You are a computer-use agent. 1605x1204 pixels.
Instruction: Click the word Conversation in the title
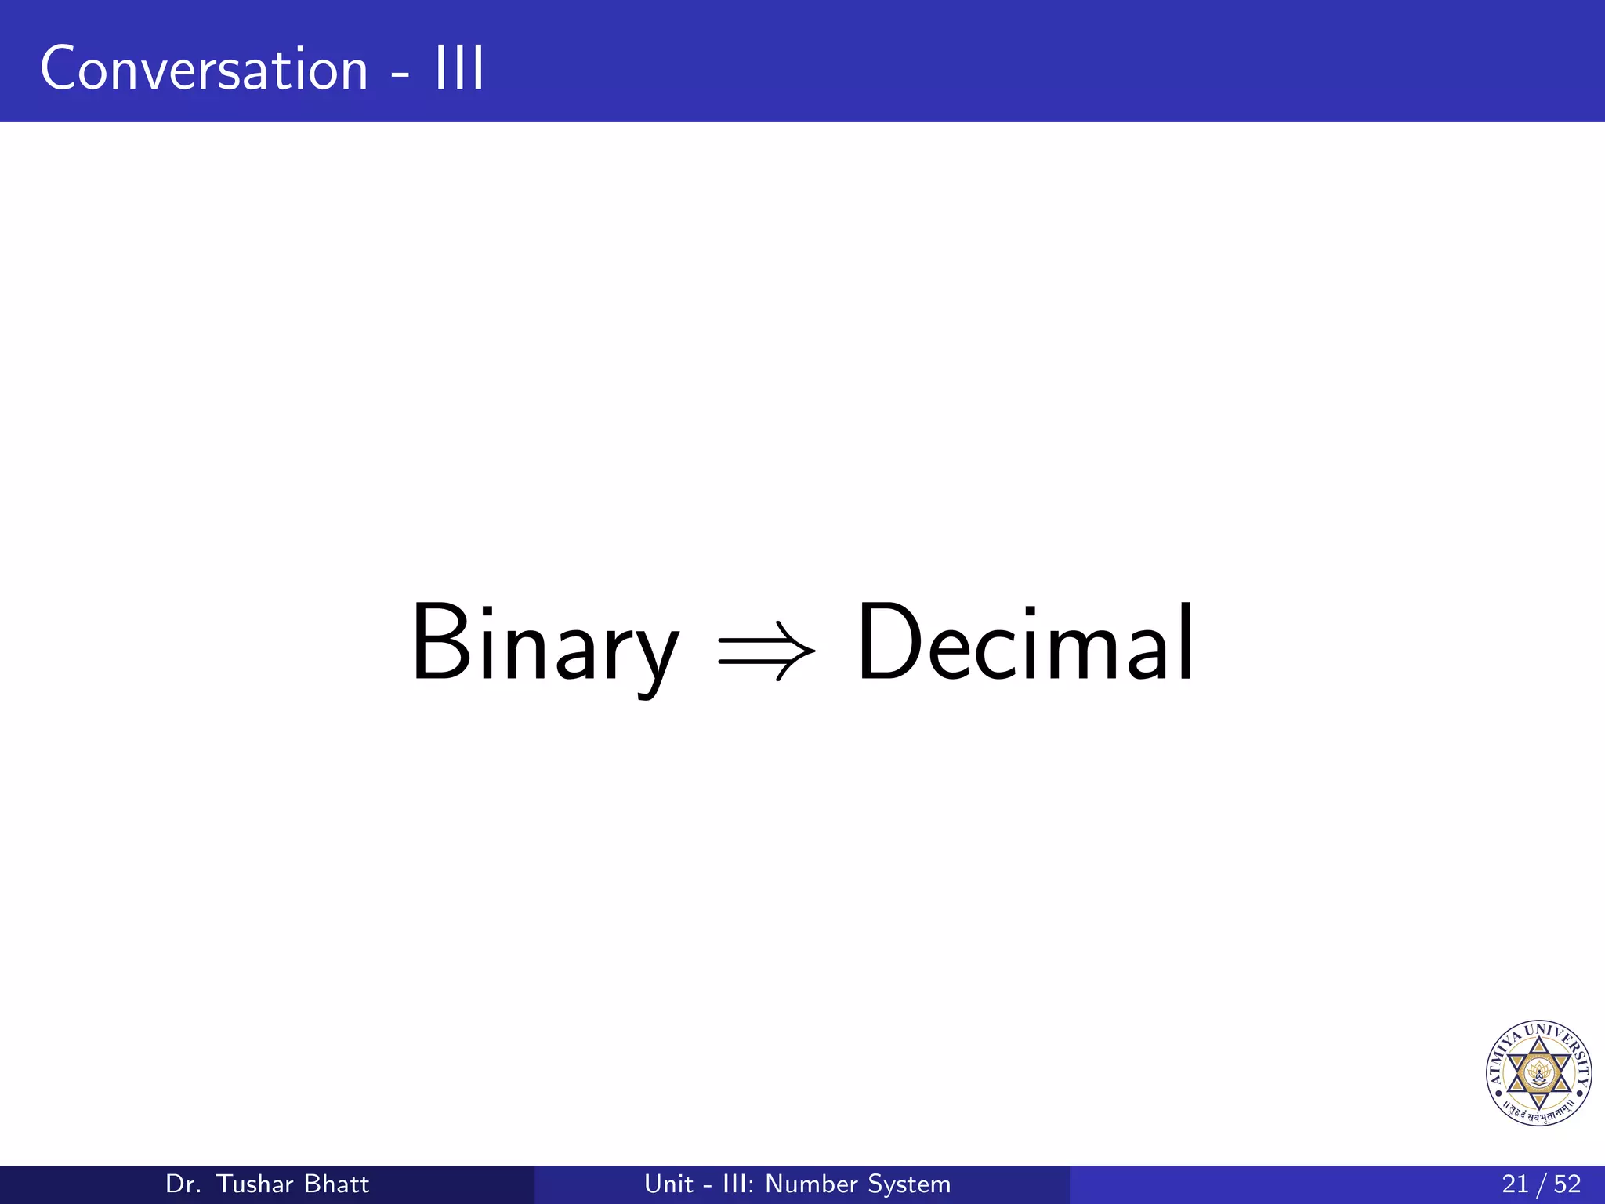tap(204, 69)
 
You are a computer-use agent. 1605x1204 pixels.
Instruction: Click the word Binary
tap(544, 644)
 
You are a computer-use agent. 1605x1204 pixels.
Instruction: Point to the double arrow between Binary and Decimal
tap(766, 651)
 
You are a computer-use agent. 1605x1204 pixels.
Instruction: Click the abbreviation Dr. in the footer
tap(183, 1184)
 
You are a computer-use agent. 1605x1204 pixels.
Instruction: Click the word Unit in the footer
tap(668, 1184)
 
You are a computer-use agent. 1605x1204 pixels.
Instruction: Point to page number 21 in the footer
tap(1515, 1184)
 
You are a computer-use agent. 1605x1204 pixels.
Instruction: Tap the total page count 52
tap(1567, 1184)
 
